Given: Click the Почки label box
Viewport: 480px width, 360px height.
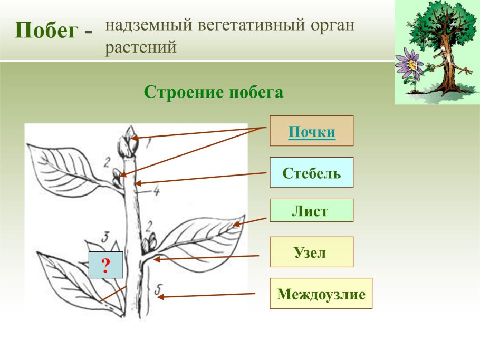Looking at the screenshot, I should [312, 131].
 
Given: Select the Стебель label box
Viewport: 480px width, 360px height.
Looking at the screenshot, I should [312, 172].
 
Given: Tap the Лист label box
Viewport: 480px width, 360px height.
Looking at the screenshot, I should [311, 210].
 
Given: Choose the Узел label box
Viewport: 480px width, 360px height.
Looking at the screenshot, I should [311, 252].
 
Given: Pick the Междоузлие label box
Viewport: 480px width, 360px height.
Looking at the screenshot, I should [321, 293].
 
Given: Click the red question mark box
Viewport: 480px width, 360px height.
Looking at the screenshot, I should [105, 265].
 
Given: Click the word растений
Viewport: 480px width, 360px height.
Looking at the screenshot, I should [140, 48].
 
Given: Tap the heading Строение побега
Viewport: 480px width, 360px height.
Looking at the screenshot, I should [214, 92].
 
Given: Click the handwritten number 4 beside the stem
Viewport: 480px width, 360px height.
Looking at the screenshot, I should [156, 191].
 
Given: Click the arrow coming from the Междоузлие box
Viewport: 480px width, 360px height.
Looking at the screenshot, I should [206, 295].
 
